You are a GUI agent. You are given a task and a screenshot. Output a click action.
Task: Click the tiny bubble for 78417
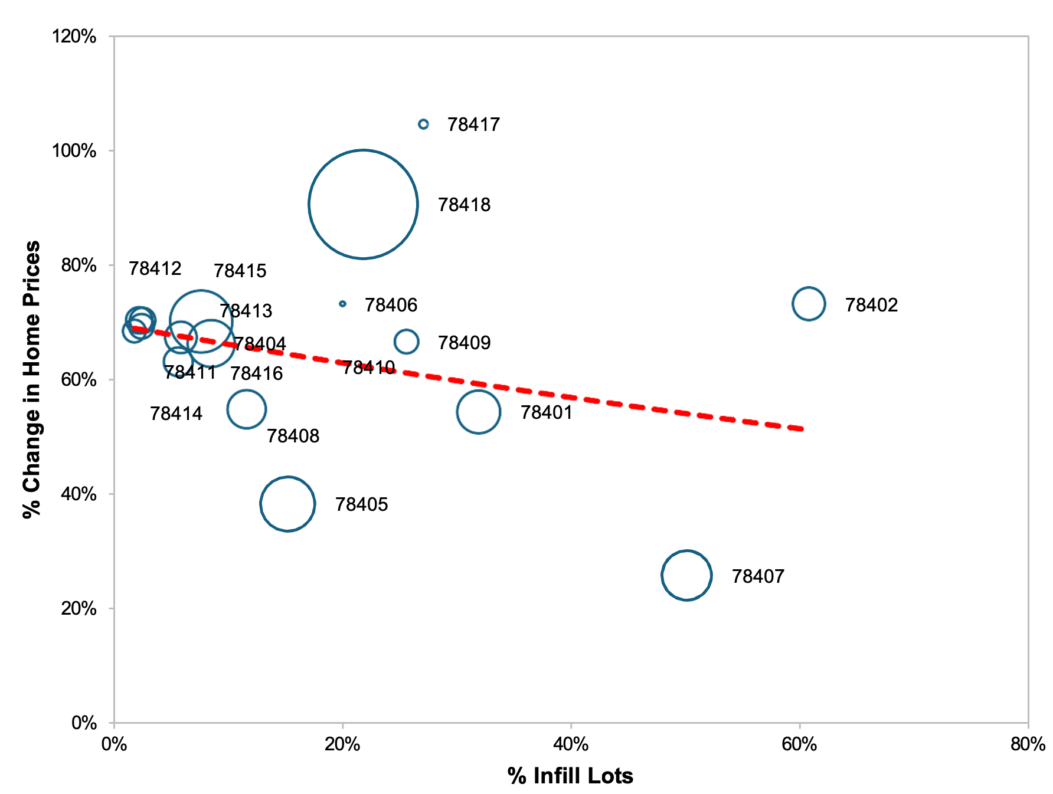point(423,124)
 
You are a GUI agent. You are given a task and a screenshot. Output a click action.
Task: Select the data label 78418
point(464,205)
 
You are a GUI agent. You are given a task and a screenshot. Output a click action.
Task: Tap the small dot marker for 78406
point(342,304)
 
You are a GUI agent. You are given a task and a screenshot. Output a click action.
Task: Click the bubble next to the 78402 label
point(808,304)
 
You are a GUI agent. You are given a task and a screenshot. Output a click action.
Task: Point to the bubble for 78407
point(686,575)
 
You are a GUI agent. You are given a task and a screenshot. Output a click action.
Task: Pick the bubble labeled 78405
point(287,504)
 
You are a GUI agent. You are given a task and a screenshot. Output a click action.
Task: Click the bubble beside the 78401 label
point(478,412)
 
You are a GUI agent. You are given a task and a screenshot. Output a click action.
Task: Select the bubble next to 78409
point(406,342)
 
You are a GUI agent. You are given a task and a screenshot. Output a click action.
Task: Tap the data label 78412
point(155,268)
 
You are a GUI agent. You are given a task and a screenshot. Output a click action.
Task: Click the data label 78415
point(240,271)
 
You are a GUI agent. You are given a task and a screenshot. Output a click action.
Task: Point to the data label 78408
point(293,436)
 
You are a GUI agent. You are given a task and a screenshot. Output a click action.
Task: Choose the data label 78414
point(176,414)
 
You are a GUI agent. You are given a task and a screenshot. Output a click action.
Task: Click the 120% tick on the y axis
point(74,37)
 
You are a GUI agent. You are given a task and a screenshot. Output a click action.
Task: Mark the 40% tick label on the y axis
point(78,494)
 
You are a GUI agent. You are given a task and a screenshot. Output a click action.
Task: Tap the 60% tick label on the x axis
point(799,744)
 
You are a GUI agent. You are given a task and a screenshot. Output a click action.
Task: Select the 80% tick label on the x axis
point(1028,744)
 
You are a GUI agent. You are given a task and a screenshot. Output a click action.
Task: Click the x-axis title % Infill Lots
point(570,776)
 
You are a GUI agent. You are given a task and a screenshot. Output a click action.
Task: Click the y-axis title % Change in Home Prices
point(31,379)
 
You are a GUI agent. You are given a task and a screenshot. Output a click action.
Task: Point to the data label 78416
point(256,373)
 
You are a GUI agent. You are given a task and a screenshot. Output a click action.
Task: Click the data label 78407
point(758,576)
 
